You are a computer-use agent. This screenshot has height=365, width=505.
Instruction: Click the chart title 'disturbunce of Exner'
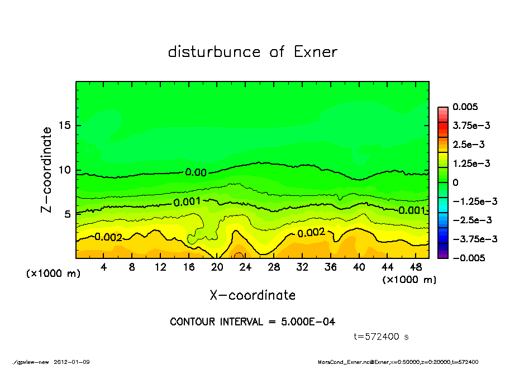[x=252, y=52]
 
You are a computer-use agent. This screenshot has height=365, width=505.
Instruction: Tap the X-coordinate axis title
[x=252, y=295]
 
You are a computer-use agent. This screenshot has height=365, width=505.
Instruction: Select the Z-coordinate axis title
[x=47, y=169]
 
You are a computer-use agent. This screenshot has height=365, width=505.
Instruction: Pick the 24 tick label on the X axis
[x=245, y=268]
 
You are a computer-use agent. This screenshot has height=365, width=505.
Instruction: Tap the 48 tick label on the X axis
[x=416, y=268]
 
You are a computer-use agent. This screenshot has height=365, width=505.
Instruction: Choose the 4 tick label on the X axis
[x=103, y=268]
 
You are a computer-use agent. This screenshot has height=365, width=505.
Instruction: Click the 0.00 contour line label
[x=196, y=172]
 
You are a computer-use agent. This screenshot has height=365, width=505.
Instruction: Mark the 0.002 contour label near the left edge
[x=108, y=237]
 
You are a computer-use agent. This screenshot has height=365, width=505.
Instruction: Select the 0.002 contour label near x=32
[x=312, y=233]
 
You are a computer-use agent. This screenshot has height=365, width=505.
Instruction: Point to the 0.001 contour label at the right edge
[x=412, y=210]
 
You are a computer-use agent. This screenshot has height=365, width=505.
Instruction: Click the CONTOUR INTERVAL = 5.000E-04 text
[x=252, y=322]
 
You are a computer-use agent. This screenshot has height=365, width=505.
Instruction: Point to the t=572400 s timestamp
[x=383, y=337]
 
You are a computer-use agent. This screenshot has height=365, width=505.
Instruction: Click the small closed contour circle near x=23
[x=237, y=256]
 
